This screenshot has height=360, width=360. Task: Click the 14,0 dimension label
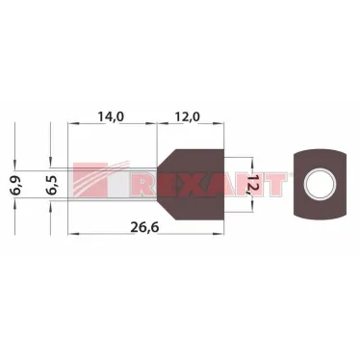pos(111,117)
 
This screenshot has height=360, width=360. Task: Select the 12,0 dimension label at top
pos(187,117)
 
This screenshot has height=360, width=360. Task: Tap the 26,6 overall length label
pos(144,227)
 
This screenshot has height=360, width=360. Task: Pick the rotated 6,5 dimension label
pos(52,185)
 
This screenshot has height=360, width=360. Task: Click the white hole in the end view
pos(321,185)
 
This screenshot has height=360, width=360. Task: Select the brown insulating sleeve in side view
pos(192,185)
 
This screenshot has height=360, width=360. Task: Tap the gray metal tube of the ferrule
pos(113,185)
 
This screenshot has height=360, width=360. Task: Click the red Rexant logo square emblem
pos(90,179)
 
